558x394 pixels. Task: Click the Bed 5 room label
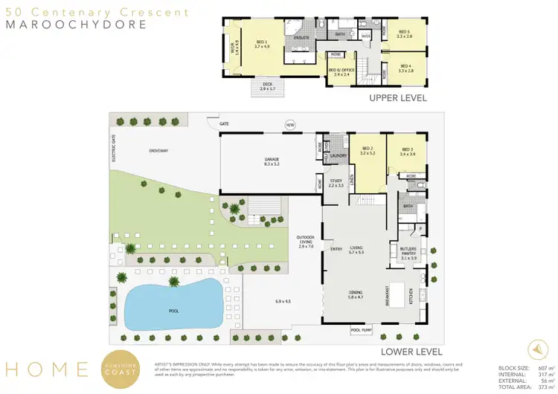coord(404,33)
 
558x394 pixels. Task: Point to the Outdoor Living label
coord(304,242)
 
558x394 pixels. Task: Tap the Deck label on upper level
coord(267,85)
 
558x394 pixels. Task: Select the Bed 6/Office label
coord(339,72)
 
